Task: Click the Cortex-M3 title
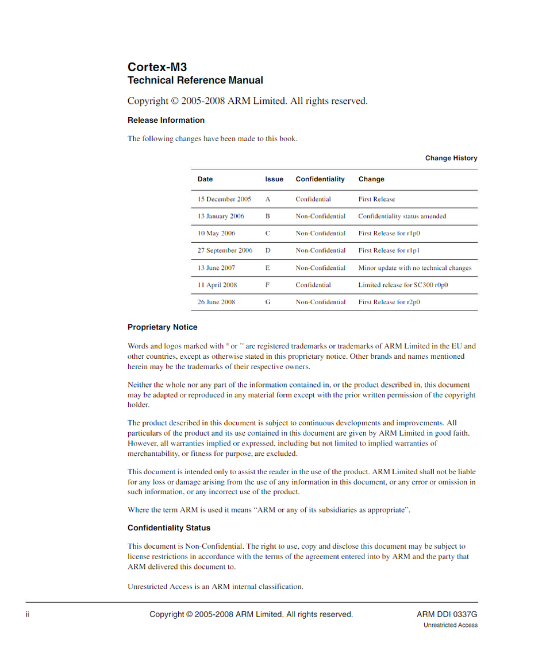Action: [157, 67]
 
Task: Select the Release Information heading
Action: [166, 120]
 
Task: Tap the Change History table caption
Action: [451, 158]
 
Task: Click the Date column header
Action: [205, 179]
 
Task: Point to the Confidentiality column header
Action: [320, 179]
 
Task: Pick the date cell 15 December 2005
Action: [224, 199]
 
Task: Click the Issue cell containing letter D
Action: [268, 250]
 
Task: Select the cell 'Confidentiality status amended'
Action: [402, 216]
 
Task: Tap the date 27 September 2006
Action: [225, 250]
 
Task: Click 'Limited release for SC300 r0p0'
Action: [403, 285]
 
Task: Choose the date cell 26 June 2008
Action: [216, 302]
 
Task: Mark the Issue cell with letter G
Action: [268, 302]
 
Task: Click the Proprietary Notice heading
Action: [162, 327]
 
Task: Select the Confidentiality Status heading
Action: [169, 528]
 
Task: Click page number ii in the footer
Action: [27, 614]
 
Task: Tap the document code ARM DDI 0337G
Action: [447, 614]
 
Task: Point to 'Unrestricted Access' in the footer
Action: [451, 625]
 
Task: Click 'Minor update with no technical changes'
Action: [414, 268]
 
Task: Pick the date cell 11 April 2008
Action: [217, 285]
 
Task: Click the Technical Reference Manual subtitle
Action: [195, 80]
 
